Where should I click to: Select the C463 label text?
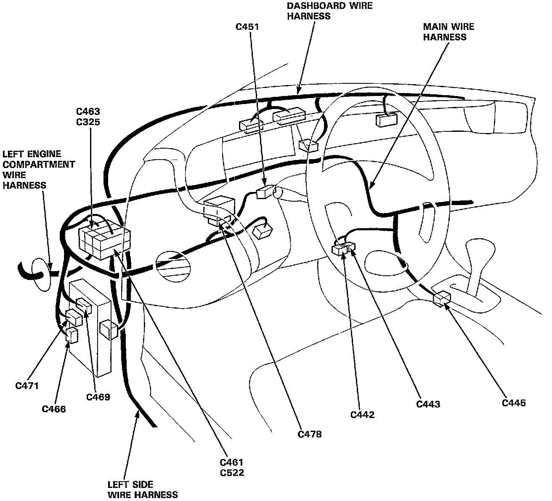[x=88, y=112]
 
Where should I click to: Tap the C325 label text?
[x=88, y=122]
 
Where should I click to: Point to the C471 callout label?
[x=27, y=386]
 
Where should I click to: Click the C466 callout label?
[x=54, y=409]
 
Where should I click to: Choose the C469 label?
[x=98, y=397]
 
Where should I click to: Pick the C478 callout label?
[x=310, y=434]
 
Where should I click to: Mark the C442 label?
[x=363, y=415]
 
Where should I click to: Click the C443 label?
[x=428, y=405]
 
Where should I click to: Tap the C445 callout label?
[x=514, y=403]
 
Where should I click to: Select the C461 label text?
[x=232, y=463]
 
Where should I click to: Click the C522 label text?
[x=232, y=473]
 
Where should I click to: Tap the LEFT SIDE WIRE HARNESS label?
[x=143, y=490]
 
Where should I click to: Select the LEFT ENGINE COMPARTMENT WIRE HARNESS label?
[x=39, y=170]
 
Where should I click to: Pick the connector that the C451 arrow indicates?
[x=265, y=192]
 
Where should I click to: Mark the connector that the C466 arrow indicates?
[x=72, y=336]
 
